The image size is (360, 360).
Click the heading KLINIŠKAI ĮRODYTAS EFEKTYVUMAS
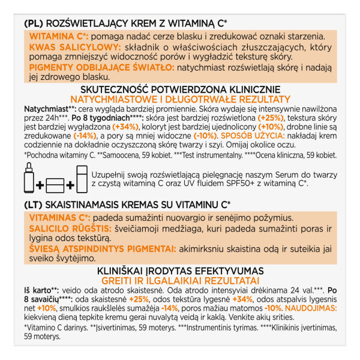(x=180, y=271)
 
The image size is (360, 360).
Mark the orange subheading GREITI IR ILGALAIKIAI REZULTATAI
(x=180, y=281)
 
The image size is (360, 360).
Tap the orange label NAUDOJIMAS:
(x=307, y=308)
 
